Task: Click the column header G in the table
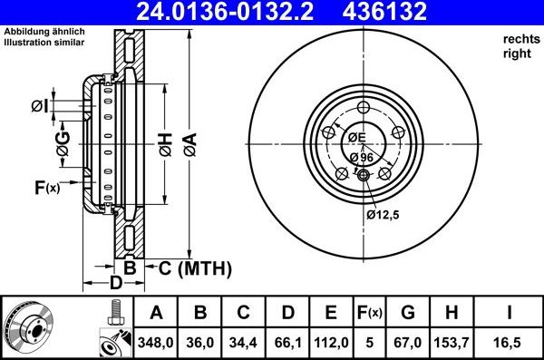[408, 313]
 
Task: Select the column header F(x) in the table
[369, 313]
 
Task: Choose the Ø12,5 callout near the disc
[384, 215]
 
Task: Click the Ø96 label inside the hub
[362, 157]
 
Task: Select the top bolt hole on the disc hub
[363, 108]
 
